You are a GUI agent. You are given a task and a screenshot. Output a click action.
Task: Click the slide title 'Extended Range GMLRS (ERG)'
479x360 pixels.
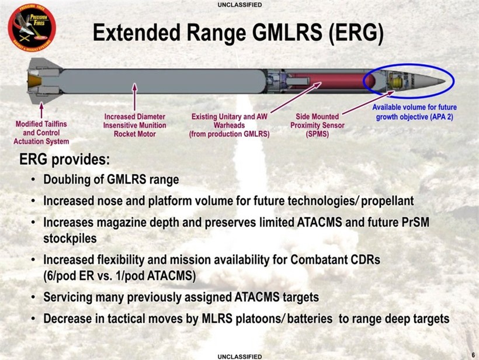click(238, 34)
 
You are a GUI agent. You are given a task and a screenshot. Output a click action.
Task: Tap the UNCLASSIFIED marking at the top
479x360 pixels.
click(239, 5)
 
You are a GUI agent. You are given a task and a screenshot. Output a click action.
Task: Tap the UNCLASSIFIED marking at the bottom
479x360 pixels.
click(239, 356)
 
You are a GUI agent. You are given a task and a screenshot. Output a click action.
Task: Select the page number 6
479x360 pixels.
click(472, 354)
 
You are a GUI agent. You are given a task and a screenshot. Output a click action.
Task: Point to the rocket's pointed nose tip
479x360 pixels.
click(445, 80)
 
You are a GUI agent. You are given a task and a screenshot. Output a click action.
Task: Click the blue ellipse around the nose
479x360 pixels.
click(409, 65)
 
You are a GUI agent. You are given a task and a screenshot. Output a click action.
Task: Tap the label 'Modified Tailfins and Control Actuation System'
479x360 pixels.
click(42, 133)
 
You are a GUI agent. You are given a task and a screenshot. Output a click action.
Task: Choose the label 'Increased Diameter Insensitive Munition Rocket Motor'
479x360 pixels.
click(135, 125)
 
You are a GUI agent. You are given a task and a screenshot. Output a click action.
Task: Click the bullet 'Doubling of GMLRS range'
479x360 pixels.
click(111, 179)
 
